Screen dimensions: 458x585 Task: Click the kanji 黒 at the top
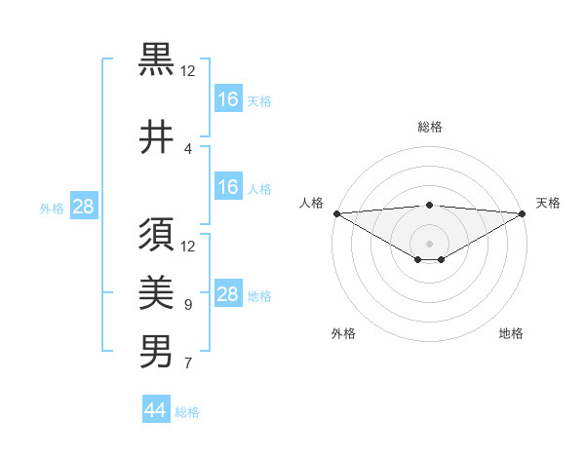pyautogui.click(x=156, y=60)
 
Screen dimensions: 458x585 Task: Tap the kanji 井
pyautogui.click(x=156, y=137)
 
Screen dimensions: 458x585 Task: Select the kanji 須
pyautogui.click(x=156, y=236)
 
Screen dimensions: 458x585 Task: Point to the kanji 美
pyautogui.click(x=156, y=293)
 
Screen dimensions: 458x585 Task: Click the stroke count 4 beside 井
pyautogui.click(x=188, y=149)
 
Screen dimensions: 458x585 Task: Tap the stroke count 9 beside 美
pyautogui.click(x=188, y=305)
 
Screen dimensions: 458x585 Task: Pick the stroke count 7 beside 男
pyautogui.click(x=188, y=363)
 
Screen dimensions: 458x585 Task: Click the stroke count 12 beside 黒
pyautogui.click(x=188, y=71)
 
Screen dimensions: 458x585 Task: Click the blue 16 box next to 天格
pyautogui.click(x=227, y=99)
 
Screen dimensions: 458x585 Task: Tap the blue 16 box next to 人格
pyautogui.click(x=227, y=187)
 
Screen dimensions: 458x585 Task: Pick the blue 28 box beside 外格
pyautogui.click(x=83, y=207)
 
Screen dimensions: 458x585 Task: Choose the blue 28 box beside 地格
pyautogui.click(x=227, y=294)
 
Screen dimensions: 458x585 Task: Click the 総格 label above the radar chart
pyautogui.click(x=430, y=127)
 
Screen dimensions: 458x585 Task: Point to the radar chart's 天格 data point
pyautogui.click(x=524, y=213)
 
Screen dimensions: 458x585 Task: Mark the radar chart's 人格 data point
pyautogui.click(x=335, y=213)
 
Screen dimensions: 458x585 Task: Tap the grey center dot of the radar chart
pyautogui.click(x=429, y=243)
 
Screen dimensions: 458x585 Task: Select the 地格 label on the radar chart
pyautogui.click(x=511, y=334)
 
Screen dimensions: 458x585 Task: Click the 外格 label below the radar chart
pyautogui.click(x=343, y=334)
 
